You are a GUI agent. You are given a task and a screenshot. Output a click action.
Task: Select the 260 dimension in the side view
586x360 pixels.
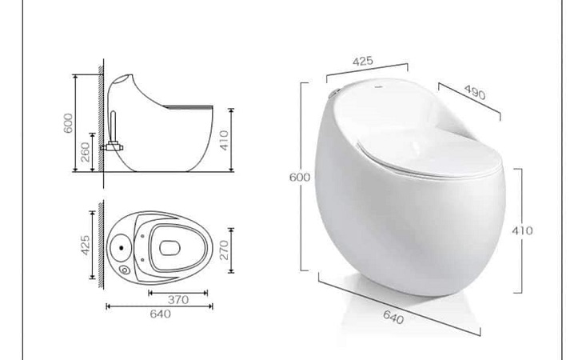click(x=86, y=153)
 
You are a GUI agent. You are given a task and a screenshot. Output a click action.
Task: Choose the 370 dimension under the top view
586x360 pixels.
click(x=177, y=299)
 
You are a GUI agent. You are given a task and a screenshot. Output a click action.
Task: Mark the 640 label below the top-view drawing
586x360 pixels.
click(x=159, y=314)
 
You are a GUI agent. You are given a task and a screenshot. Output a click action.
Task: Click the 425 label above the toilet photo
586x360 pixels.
click(x=364, y=62)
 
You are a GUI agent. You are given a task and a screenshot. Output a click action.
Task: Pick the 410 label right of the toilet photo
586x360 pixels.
click(x=522, y=230)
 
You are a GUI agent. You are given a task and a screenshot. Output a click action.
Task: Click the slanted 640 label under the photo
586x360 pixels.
click(x=393, y=318)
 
